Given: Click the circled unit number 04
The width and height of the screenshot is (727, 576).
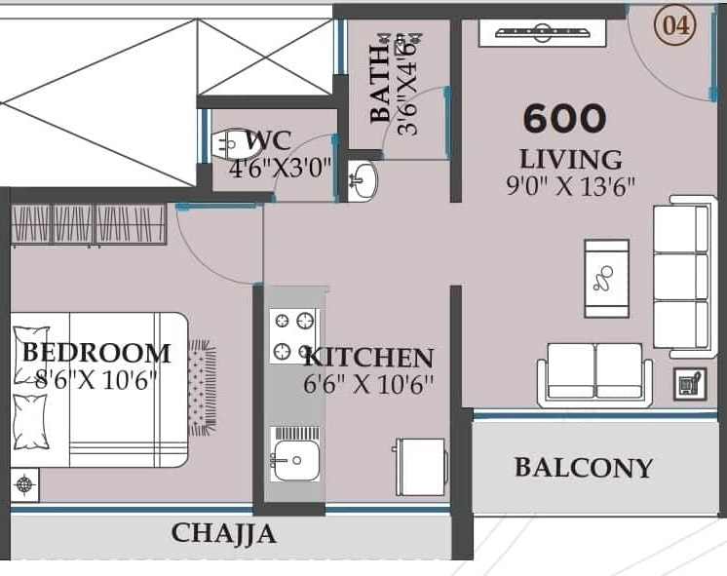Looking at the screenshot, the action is tap(675, 26).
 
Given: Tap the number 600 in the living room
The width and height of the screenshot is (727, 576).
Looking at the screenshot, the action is tap(564, 118).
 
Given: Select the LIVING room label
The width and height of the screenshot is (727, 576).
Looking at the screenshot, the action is tap(570, 160).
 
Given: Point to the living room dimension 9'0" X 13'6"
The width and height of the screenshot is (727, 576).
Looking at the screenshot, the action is tap(570, 186).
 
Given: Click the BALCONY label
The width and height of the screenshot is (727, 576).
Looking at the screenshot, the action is tap(584, 468).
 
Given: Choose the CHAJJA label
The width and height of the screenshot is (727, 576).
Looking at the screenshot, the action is tap(224, 533).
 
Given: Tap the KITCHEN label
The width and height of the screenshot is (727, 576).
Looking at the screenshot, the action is tap(368, 358).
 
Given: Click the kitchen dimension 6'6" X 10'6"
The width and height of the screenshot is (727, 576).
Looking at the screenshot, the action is tap(368, 384).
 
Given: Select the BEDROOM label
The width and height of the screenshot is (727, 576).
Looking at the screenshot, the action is tap(96, 353).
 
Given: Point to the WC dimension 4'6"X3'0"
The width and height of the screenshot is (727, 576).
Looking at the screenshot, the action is tap(281, 169).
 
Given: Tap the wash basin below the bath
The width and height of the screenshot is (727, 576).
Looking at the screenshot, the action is tap(363, 181).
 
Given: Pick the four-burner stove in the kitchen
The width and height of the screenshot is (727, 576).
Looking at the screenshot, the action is tap(294, 336).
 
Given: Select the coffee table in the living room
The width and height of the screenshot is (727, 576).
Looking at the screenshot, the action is tap(606, 279).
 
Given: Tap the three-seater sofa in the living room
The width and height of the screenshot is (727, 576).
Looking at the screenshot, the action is tap(685, 277).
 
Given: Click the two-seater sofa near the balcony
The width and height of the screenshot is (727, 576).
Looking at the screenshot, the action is tap(594, 375).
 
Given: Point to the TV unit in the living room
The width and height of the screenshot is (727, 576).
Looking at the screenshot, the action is tap(543, 33).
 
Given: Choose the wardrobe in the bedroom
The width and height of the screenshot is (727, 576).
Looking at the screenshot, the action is tap(89, 224).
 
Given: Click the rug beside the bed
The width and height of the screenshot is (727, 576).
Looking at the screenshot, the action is tap(202, 388).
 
